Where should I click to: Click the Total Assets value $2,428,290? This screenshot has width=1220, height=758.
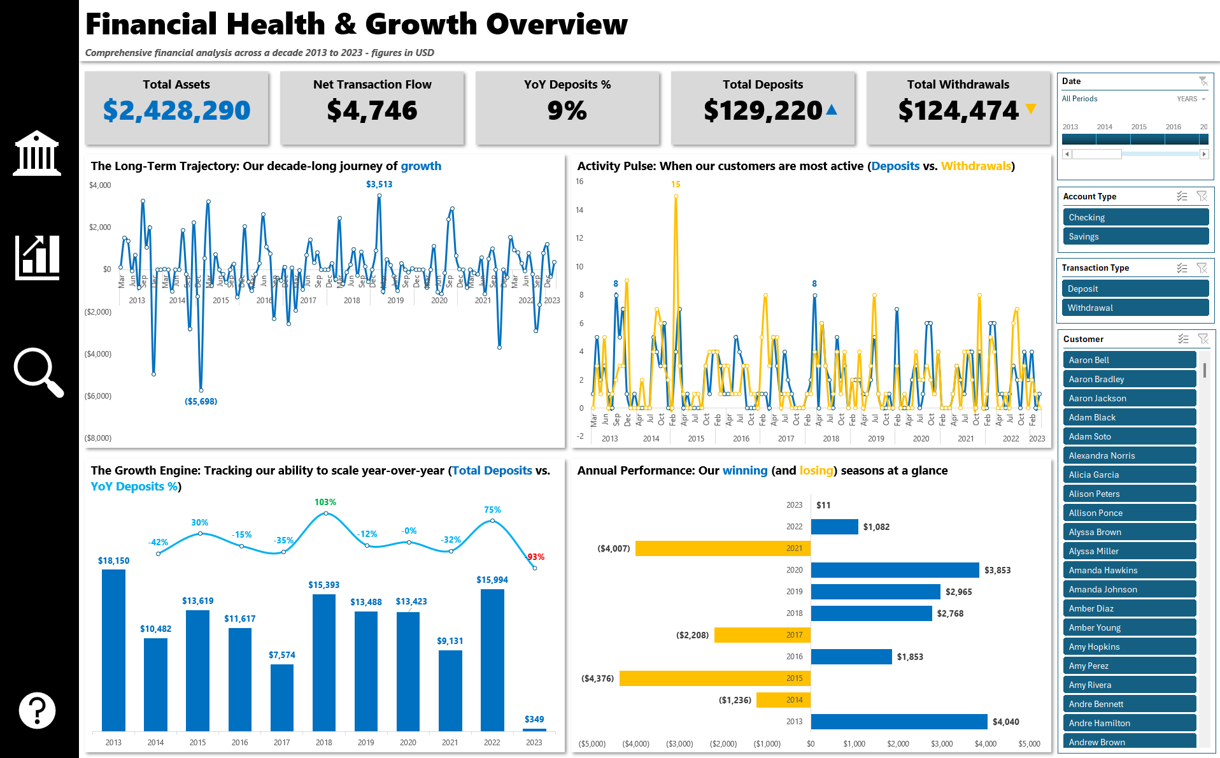[x=176, y=111]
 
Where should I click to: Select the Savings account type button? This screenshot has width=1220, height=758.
[x=1135, y=236]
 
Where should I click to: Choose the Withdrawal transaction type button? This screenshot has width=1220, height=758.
[x=1135, y=308]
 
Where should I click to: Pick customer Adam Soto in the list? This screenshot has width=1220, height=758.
[x=1129, y=436]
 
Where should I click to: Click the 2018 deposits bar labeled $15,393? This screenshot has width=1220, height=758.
[x=323, y=662]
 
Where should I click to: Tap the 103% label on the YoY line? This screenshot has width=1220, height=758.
[x=325, y=502]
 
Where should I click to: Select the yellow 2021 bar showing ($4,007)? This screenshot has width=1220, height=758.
[x=722, y=548]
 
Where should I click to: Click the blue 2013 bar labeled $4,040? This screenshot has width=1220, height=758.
[x=898, y=722]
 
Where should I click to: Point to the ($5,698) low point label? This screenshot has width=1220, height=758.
[x=201, y=401]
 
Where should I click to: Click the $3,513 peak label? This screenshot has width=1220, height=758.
[x=379, y=184]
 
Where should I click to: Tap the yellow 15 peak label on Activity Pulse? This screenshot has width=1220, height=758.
[x=676, y=184]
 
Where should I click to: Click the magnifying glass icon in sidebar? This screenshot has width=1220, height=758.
[x=38, y=372]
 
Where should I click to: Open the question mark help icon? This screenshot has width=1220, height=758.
[x=37, y=710]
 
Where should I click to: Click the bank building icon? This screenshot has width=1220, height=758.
[x=37, y=154]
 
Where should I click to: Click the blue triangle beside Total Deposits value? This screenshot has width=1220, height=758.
[x=832, y=110]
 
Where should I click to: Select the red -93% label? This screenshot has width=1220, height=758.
[x=536, y=557]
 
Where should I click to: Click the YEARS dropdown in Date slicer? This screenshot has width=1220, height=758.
[x=1191, y=99]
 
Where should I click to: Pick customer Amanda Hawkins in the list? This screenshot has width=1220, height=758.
[x=1129, y=570]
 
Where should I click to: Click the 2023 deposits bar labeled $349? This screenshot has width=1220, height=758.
[x=534, y=729]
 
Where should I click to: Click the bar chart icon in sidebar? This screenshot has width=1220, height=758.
[x=37, y=257]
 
